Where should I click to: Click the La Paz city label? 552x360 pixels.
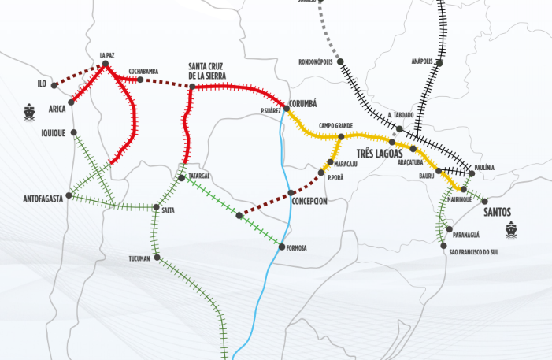tap(108, 55)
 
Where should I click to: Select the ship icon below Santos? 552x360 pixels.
tap(511, 229)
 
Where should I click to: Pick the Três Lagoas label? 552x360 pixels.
tap(379, 154)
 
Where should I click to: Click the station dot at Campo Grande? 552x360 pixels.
tap(341, 136)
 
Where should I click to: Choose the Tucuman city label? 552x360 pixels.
tap(139, 258)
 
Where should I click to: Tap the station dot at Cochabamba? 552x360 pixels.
tap(140, 80)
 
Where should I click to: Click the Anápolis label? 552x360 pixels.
tap(422, 61)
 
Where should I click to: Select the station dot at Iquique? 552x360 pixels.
tap(73, 132)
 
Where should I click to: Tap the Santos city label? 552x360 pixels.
tap(498, 212)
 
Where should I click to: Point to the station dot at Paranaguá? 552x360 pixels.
tap(448, 229)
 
